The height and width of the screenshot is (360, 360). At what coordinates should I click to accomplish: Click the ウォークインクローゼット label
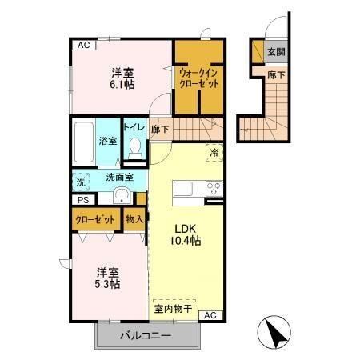(x=199, y=78)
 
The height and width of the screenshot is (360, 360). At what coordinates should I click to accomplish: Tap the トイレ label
(x=134, y=126)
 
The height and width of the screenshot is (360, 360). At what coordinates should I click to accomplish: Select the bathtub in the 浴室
(x=84, y=142)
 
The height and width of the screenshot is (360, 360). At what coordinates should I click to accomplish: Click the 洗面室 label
(x=118, y=177)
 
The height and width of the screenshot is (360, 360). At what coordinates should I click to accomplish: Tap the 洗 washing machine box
(x=80, y=182)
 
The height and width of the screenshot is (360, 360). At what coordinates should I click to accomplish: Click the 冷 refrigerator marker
(x=214, y=152)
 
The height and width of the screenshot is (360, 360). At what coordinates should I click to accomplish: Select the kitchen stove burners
(x=214, y=190)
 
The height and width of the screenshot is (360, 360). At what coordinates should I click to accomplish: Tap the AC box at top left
(x=83, y=46)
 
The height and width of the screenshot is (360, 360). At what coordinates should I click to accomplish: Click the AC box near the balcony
(x=210, y=316)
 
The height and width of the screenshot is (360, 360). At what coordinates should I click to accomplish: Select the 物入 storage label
(x=134, y=218)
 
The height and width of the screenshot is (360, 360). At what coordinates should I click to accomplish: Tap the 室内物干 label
(x=173, y=307)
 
